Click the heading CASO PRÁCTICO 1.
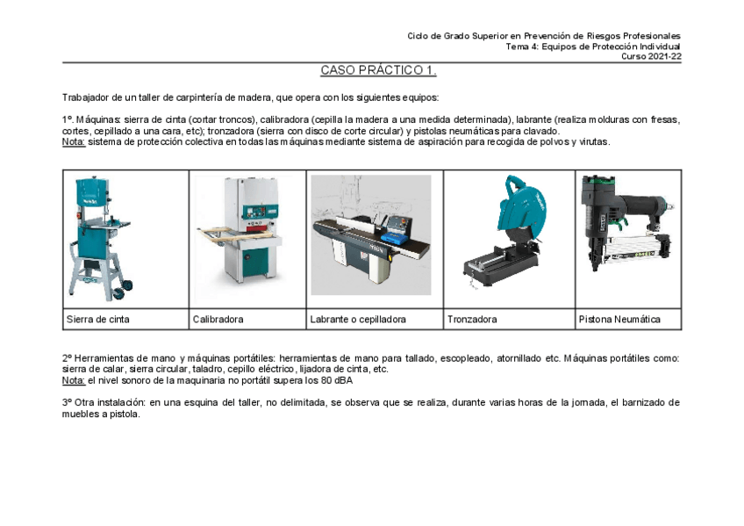378,70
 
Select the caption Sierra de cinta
97,320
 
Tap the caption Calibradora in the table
218,320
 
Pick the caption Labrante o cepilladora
357,320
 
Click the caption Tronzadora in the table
471,320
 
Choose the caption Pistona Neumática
619,320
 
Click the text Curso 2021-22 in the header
651,56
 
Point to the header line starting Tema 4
592,47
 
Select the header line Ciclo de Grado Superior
544,36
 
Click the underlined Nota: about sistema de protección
74,141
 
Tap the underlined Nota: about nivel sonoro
74,380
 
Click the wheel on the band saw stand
128,285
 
